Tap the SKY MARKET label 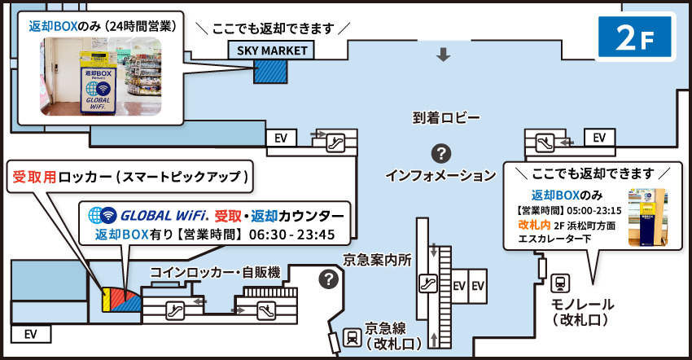(273, 50)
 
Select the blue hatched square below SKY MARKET (268, 70)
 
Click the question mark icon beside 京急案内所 (328, 279)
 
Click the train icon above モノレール (560, 283)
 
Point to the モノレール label (580, 303)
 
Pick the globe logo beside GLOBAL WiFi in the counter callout (103, 216)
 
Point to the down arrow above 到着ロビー (443, 55)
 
